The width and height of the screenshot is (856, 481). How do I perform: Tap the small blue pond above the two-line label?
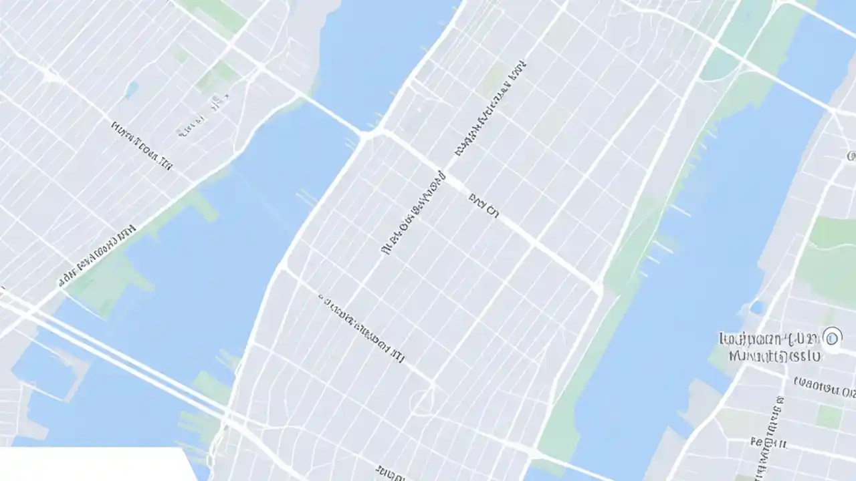[x=756, y=307]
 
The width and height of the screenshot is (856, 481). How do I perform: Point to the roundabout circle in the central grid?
[x=423, y=401]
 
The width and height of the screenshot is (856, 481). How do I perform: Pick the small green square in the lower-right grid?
[x=829, y=416]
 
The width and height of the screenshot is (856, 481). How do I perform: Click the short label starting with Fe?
[x=768, y=442]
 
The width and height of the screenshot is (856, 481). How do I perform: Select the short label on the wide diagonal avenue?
[x=484, y=206]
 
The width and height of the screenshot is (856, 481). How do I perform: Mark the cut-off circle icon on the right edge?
[x=851, y=156]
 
